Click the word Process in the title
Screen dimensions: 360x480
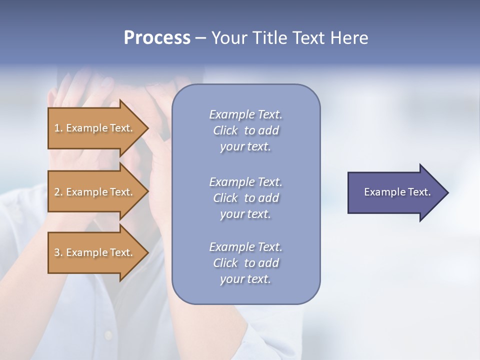coord(157,38)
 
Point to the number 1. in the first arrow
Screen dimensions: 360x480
coord(58,128)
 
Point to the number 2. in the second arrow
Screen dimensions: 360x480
coord(58,192)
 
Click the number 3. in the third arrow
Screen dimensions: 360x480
coord(58,252)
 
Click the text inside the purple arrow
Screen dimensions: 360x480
coord(397,192)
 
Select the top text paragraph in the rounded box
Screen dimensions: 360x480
coord(245,130)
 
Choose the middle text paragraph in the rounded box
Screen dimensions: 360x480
coord(245,198)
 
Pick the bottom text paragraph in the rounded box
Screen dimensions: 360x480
coord(245,263)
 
